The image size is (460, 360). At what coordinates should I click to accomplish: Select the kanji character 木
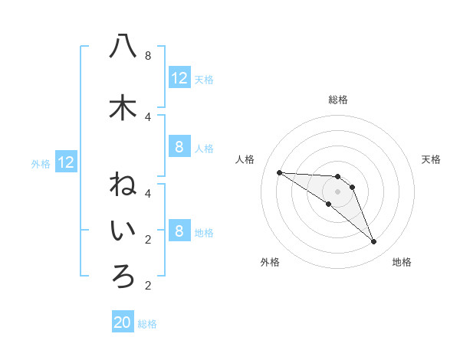(x=123, y=107)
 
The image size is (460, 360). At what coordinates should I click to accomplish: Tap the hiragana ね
(x=123, y=185)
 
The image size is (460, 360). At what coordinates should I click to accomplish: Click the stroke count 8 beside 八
(x=148, y=56)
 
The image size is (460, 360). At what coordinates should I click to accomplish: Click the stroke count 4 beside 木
(x=148, y=116)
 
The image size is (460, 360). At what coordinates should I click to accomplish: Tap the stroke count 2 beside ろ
(x=148, y=286)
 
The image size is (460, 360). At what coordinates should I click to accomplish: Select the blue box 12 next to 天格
(x=179, y=78)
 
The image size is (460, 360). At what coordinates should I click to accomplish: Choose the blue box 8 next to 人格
(x=179, y=147)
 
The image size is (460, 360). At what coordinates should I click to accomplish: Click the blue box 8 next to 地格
(x=179, y=231)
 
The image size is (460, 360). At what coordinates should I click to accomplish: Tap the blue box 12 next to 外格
(x=66, y=162)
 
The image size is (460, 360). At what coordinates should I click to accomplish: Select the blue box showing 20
(x=123, y=322)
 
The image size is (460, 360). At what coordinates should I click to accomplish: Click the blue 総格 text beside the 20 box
(x=147, y=324)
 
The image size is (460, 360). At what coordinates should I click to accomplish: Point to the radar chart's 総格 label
(x=338, y=100)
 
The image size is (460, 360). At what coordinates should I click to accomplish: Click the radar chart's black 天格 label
(x=431, y=159)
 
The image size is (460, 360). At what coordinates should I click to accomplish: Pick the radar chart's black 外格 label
(x=270, y=262)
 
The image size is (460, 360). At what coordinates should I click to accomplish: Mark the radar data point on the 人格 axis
(x=279, y=172)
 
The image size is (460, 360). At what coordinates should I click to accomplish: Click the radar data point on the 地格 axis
(x=374, y=242)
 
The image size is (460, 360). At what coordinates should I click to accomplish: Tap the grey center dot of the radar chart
(x=338, y=191)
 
